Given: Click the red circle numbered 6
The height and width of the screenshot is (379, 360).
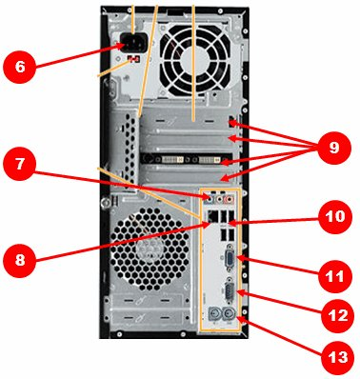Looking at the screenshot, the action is click(20, 68).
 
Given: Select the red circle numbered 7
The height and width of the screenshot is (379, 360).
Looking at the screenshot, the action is click(20, 164).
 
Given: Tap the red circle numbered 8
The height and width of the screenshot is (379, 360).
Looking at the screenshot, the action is click(20, 261).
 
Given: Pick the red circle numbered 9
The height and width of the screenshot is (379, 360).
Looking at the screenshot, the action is click(334, 148).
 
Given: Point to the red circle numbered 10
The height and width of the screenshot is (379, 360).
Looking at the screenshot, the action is click(335, 217).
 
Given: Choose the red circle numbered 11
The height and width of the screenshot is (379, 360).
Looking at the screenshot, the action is click(335, 276).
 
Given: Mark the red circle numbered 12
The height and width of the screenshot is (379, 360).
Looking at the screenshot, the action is click(337, 315).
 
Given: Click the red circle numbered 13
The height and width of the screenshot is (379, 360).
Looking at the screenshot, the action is click(338, 357).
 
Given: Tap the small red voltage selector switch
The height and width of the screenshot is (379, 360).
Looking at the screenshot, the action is click(134, 59).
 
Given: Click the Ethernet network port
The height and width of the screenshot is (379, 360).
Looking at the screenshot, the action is click(212, 217).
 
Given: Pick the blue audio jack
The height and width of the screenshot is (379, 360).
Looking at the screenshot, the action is click(209, 200).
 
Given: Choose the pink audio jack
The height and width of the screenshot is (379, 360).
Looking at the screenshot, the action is click(229, 200).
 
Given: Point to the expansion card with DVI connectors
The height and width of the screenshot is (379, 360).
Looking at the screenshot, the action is click(187, 159).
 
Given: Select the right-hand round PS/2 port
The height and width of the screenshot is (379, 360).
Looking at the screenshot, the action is click(230, 315).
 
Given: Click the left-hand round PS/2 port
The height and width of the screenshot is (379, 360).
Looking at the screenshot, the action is click(214, 315).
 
